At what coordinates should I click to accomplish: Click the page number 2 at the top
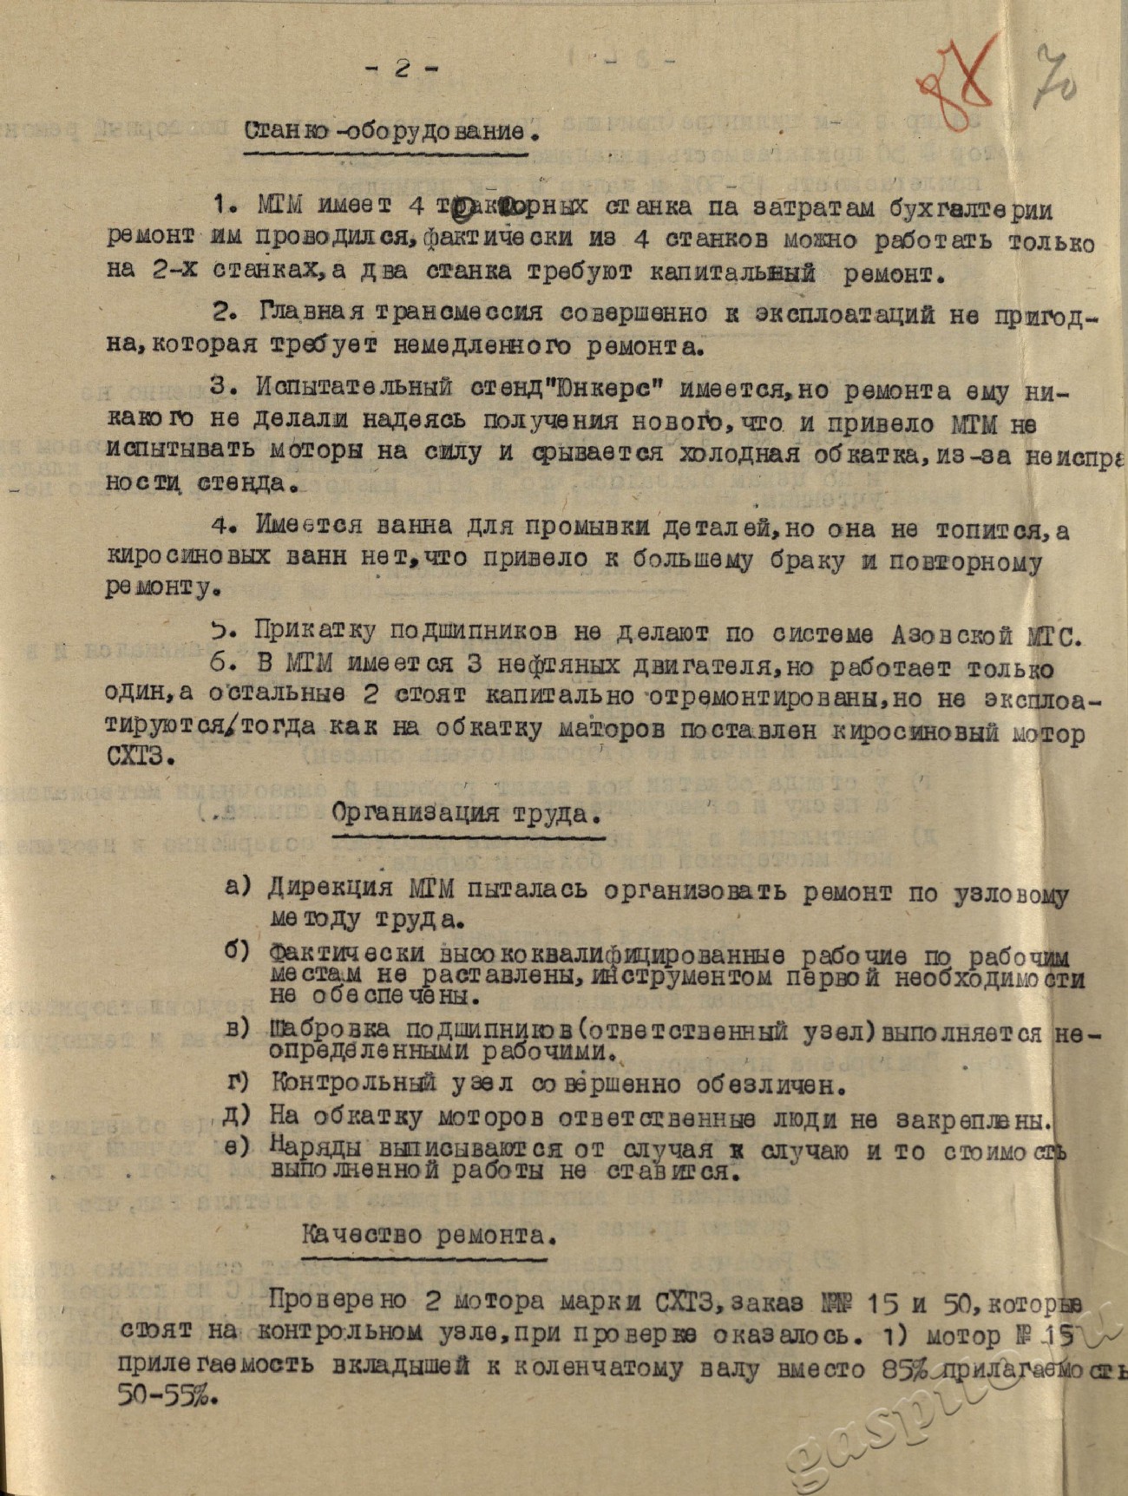point(401,70)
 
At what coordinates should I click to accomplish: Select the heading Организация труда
point(466,814)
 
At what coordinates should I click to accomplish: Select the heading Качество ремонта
point(425,1235)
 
